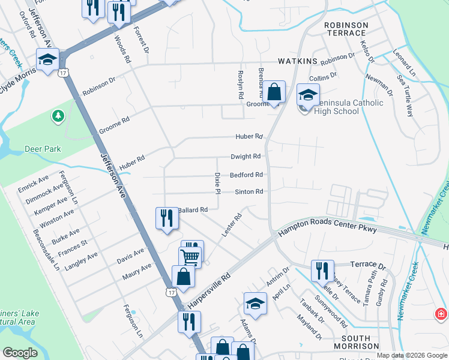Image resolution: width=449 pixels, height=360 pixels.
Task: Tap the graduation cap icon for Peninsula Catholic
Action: coord(308,95)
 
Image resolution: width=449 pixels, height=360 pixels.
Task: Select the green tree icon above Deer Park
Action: coord(58,115)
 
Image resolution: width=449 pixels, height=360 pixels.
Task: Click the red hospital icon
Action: coord(442,314)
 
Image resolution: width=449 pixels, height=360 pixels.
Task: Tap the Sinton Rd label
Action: coord(249,192)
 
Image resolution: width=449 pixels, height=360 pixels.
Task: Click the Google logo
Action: coord(20,353)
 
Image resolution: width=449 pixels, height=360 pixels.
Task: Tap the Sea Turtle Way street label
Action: coord(406,97)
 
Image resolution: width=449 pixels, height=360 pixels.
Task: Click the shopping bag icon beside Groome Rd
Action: coord(274,92)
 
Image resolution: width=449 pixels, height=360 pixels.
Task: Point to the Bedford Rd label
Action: coord(246,175)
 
